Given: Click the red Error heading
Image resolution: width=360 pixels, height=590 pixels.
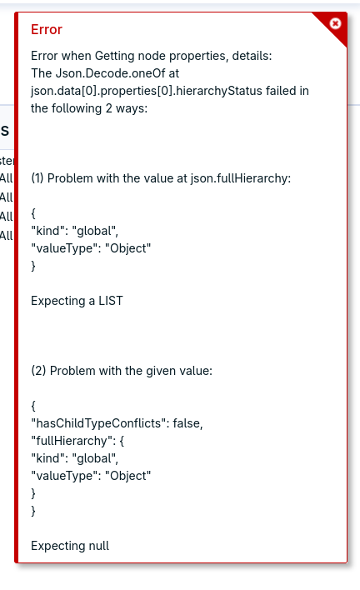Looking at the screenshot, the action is tap(47, 29).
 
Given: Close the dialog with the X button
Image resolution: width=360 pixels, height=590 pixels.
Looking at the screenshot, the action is tap(335, 23).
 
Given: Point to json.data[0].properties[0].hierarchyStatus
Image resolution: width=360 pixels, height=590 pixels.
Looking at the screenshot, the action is tap(147, 91).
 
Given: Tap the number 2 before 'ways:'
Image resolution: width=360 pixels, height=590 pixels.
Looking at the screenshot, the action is tap(108, 108).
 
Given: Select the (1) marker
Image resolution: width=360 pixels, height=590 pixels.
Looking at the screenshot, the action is tap(37, 178).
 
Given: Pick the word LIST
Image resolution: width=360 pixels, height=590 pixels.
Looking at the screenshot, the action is tap(111, 301).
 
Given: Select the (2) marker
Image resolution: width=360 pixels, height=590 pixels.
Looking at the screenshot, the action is tap(38, 371).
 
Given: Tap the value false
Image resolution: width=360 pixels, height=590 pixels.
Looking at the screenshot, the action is tap(187, 423).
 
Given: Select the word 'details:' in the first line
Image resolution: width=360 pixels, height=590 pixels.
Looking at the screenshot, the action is tap(252, 56).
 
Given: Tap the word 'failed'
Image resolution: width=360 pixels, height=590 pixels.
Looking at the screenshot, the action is tap(281, 91).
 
